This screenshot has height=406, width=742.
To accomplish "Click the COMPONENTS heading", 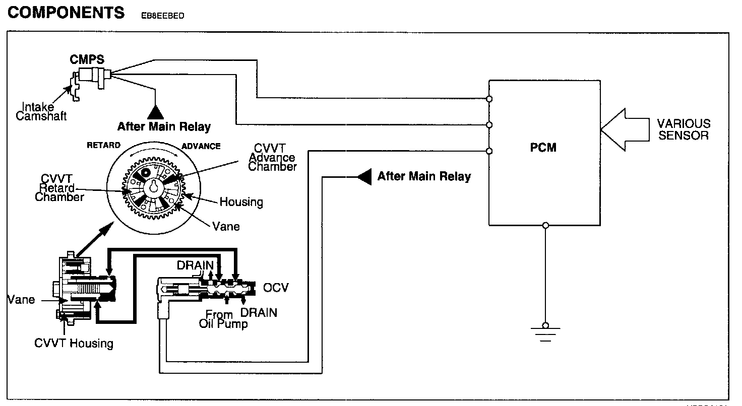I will coord(66,13).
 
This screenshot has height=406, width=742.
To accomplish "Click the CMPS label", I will coord(87,59).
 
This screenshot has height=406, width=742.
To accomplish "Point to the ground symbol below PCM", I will coord(545,332).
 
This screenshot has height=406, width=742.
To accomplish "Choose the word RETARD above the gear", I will coord(103,146).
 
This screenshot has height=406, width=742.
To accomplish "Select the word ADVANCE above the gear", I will coord(201,146).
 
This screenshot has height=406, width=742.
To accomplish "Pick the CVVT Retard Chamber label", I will coord(59,188).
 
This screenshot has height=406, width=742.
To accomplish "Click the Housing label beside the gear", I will coord(241,202).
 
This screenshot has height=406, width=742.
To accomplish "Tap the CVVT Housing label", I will coord(74,344).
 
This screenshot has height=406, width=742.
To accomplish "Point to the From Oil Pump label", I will coord(223,319).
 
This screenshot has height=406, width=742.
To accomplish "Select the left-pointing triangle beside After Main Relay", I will coord(364,176).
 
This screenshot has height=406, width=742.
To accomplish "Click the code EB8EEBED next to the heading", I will coord(159,15).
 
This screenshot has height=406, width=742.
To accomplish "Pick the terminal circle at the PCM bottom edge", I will coord(545,225).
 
